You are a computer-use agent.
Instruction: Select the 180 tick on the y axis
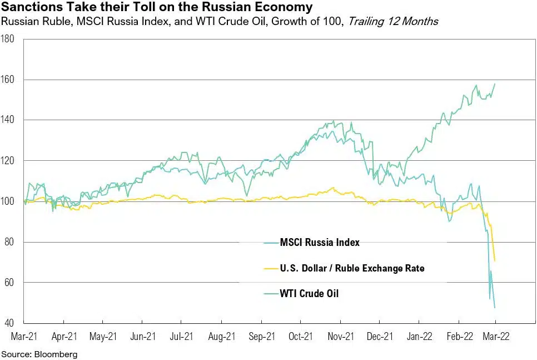[10, 39]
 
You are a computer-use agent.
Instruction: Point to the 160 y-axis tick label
[10, 80]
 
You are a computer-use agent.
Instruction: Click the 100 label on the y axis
[10, 201]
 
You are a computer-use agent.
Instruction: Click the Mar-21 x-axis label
[24, 336]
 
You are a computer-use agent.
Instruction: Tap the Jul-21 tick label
[182, 336]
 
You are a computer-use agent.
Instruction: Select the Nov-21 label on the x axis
[340, 336]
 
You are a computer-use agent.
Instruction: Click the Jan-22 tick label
[420, 336]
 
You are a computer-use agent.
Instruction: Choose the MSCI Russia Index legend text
[320, 243]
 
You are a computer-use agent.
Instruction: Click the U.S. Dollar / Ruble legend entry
[352, 268]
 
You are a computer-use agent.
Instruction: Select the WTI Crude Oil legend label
[309, 293]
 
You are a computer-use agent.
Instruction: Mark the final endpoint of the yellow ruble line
[495, 260]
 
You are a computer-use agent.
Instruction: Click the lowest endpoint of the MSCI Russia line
[495, 307]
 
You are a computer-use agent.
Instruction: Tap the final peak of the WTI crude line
[495, 84]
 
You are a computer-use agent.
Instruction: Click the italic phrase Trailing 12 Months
[393, 22]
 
